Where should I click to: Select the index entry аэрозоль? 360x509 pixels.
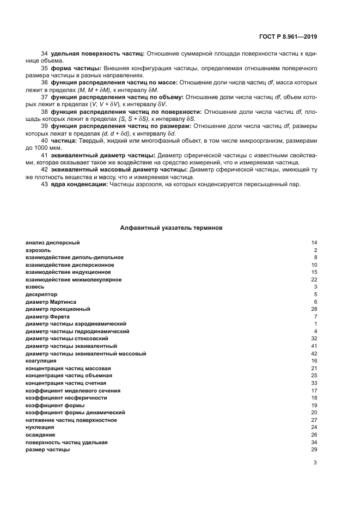pos(38,250)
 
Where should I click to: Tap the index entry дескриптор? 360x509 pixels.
pos(41,294)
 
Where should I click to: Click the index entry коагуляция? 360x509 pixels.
pos(41,360)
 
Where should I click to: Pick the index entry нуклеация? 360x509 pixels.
pos(40,427)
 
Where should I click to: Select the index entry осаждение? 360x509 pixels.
pos(40,434)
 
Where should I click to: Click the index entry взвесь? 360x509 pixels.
pos(35,287)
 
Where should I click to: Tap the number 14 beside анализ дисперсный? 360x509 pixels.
pos(314,243)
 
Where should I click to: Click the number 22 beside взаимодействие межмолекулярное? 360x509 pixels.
pos(314,279)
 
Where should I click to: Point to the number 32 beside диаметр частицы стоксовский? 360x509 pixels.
pos(314,338)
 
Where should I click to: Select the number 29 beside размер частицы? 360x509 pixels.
pos(314,449)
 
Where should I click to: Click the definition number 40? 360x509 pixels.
pos(45,140)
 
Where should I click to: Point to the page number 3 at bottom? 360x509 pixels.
pos(315,463)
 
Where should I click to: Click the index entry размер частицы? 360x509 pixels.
pos(48,449)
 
